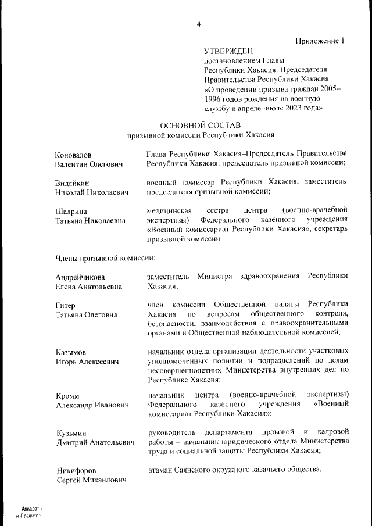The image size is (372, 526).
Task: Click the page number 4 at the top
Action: tap(199, 24)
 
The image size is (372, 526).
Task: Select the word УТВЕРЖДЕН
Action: tap(228, 52)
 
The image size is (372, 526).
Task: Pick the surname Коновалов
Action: tap(73, 155)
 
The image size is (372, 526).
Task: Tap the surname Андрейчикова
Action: tap(81, 277)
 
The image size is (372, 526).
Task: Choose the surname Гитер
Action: tap(66, 305)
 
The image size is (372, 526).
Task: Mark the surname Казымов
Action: tap(71, 352)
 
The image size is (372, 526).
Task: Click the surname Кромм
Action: tap(67, 395)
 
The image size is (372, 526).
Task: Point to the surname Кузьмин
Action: tap(71, 432)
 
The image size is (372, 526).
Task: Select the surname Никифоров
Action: tap(76, 470)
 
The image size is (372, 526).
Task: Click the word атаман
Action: tap(162, 469)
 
